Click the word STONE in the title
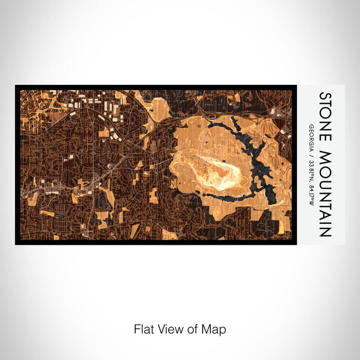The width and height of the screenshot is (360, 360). click(326, 115)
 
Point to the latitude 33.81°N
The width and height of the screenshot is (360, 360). click(312, 163)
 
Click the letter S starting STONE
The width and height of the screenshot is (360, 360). click(326, 96)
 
